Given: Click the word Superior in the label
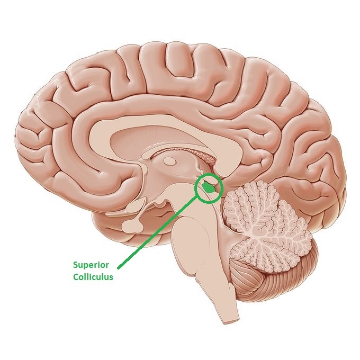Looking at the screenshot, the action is coord(91,265).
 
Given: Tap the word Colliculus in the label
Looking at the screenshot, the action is coord(93,277).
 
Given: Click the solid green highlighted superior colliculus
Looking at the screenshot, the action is coord(209,187).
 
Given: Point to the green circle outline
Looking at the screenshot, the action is coord(209,188).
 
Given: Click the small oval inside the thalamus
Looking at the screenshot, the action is coord(169,161).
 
